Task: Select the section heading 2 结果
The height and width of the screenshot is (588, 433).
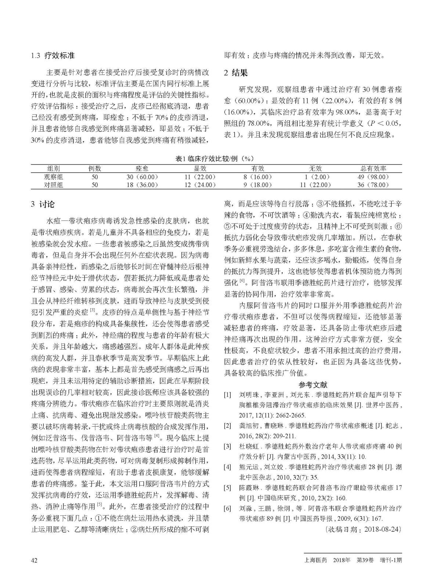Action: (x=235, y=73)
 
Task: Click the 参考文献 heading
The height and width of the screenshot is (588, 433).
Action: (x=313, y=385)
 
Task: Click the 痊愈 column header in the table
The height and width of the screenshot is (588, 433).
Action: (x=142, y=169)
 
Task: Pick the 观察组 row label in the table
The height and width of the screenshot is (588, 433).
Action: (x=54, y=177)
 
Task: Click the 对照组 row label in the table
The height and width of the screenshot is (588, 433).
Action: (x=54, y=185)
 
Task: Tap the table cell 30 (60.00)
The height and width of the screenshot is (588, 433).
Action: (x=142, y=177)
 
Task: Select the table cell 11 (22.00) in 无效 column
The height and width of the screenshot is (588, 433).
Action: (x=315, y=185)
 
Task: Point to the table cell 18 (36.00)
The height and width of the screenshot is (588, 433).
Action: (x=142, y=185)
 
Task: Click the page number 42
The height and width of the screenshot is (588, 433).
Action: (x=34, y=560)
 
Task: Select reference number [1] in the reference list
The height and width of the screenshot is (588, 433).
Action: (x=228, y=395)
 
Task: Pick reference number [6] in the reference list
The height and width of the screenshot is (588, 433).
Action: (x=228, y=509)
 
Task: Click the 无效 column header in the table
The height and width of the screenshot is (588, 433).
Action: (x=315, y=169)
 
